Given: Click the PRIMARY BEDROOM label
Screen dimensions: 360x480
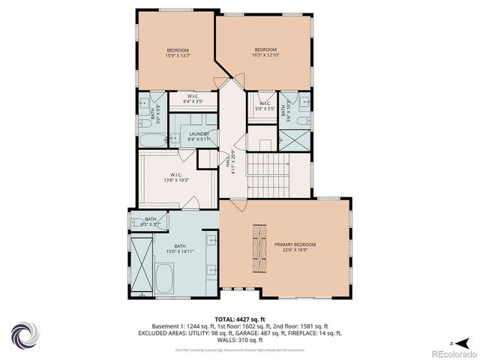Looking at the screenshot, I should (295, 245).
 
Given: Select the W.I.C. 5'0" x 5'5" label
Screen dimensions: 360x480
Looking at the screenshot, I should (265, 108).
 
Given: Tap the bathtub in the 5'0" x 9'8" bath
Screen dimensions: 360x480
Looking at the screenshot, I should (148, 140).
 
